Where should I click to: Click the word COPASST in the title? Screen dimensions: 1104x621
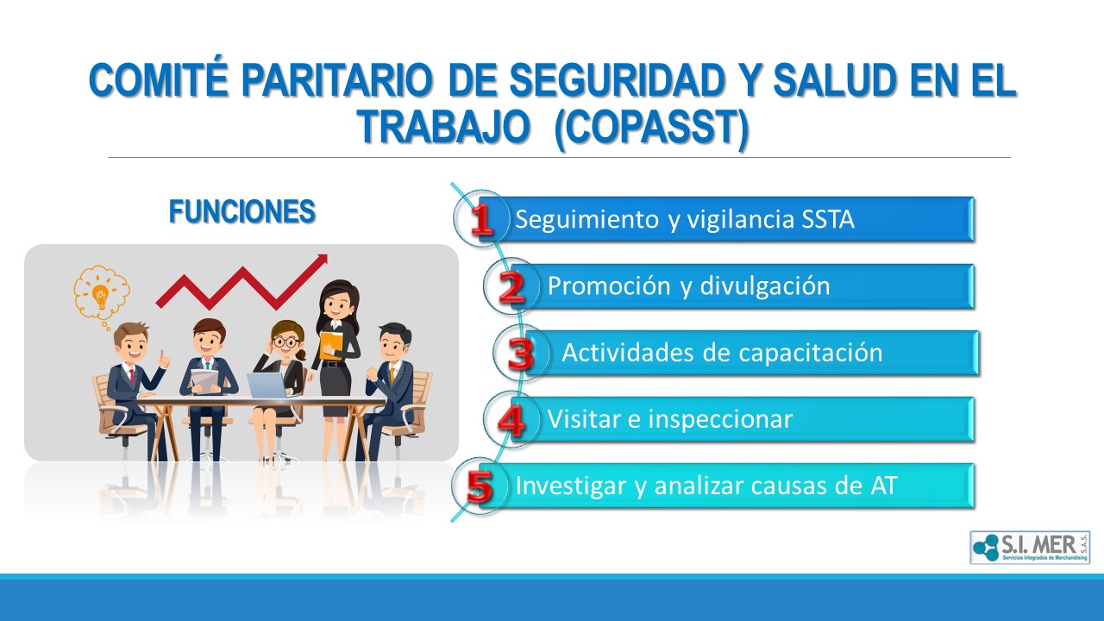pos(651,127)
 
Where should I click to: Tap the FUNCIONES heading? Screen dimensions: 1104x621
pos(242,211)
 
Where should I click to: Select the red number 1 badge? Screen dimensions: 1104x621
pos(481,220)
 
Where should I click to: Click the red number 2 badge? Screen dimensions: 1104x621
pos(511,287)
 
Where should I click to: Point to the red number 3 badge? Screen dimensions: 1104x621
pos(521,354)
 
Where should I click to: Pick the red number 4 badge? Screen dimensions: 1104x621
pos(511,420)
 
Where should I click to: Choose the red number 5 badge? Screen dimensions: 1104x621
pos(480,487)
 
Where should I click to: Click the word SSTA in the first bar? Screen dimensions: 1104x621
pos(827,219)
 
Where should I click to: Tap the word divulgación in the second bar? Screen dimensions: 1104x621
pos(765,285)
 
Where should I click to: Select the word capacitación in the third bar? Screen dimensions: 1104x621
pos(811,353)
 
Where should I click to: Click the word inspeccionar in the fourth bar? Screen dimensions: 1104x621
pos(720,419)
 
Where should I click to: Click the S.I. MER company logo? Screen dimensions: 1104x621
pos(1030,548)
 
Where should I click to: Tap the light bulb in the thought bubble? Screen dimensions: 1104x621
pos(101,297)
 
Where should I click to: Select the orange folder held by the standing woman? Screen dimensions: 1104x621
pos(330,344)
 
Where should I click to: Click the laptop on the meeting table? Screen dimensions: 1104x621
pos(267,386)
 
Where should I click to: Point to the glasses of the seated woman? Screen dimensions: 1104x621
pos(285,341)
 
